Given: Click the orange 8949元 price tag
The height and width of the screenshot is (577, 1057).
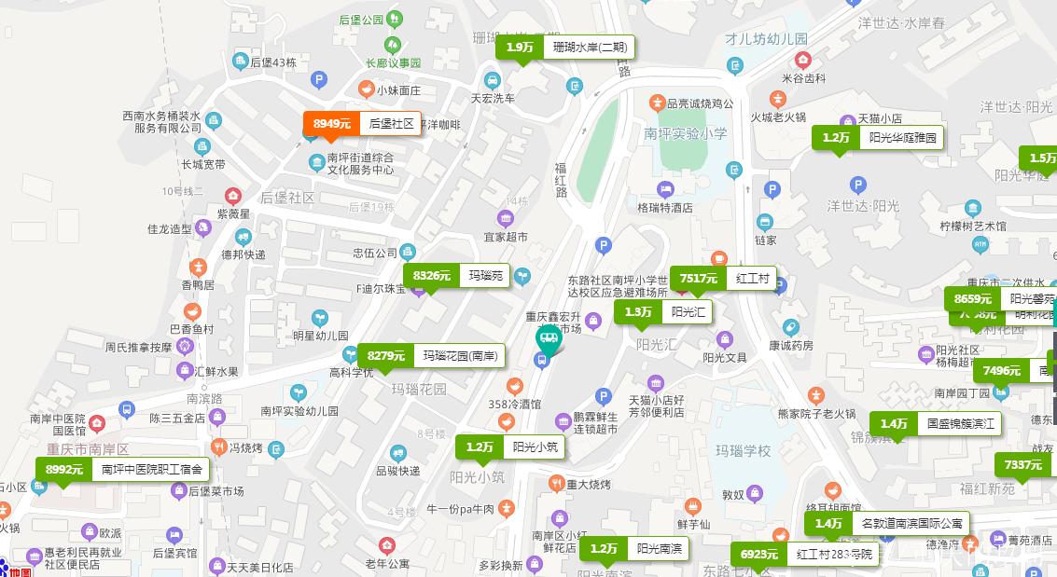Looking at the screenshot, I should (361, 124).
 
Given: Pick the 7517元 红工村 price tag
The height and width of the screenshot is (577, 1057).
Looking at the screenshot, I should (723, 279).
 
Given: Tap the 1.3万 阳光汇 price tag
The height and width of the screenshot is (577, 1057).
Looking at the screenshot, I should (662, 312).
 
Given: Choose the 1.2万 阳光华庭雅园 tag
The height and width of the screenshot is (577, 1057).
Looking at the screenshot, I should (877, 138).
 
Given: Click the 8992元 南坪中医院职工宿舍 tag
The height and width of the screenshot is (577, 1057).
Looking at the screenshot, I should (122, 470).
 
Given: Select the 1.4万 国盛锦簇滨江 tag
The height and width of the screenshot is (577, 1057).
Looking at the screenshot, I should (936, 424).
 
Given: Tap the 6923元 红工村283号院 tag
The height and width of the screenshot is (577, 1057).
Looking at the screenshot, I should (804, 555).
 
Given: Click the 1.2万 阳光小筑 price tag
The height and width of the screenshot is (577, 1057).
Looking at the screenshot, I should (509, 447).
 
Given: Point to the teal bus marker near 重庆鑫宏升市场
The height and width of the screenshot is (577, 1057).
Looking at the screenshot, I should (548, 341).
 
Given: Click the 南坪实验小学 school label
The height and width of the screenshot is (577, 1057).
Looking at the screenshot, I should (686, 133).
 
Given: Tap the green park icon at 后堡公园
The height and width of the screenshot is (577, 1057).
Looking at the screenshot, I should (395, 19).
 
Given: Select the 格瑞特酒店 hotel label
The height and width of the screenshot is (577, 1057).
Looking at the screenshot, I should (664, 208).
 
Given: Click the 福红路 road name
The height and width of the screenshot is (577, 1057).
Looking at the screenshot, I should (561, 180).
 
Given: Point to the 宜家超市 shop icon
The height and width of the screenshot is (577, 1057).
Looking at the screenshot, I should (505, 219).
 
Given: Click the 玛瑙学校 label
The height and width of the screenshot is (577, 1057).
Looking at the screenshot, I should (743, 451).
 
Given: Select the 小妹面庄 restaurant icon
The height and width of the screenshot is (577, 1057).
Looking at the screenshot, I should (366, 89).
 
